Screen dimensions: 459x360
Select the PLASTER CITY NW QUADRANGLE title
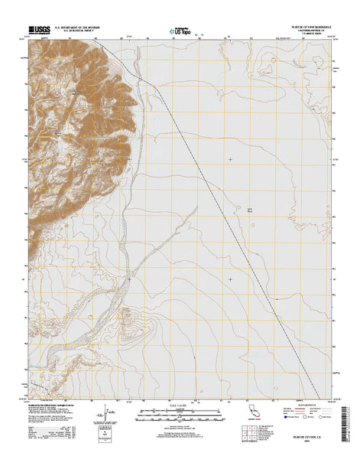pos(309,27)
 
